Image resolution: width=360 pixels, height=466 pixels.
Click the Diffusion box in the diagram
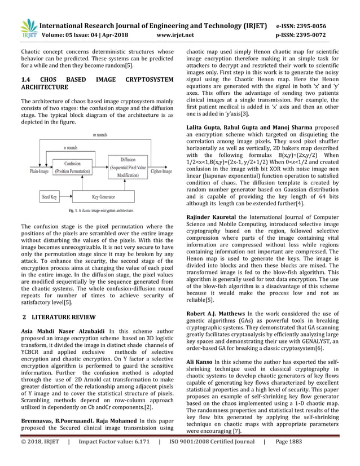click(127, 168)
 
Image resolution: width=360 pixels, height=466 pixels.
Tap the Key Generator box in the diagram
click(103, 197)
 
